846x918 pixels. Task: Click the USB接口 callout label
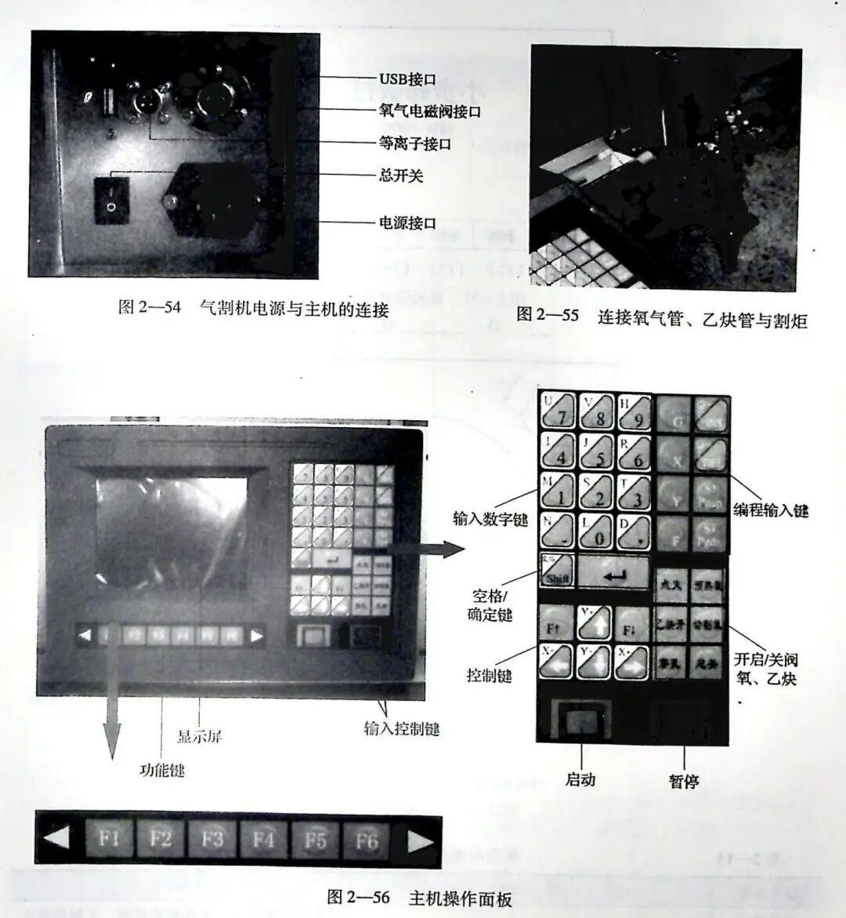(407, 79)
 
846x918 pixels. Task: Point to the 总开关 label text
(401, 176)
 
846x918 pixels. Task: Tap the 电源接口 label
(407, 223)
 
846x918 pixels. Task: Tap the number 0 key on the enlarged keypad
(595, 532)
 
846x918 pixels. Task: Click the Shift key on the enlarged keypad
(556, 571)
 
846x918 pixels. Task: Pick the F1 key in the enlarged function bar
(110, 840)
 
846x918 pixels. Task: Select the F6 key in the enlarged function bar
(366, 841)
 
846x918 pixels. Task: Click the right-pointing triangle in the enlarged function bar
(420, 842)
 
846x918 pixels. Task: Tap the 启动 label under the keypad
(580, 779)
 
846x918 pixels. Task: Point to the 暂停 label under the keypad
(684, 781)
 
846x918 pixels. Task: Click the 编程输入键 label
(771, 511)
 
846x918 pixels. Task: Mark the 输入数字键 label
(490, 519)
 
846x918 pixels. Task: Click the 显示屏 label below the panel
(199, 736)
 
